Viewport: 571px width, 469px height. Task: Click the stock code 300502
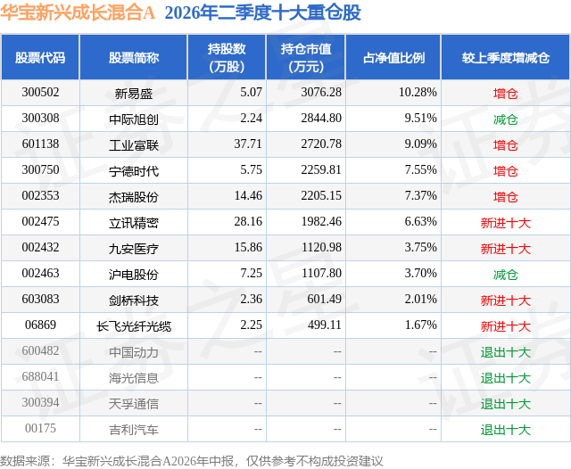40,93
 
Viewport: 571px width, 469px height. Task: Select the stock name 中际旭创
134,119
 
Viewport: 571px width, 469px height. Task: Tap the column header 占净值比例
393,58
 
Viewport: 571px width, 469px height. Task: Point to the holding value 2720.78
321,144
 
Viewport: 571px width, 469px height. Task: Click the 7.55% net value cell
420,170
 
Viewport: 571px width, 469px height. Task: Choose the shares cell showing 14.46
248,196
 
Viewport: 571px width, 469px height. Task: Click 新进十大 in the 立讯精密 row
506,223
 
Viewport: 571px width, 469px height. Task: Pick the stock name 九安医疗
134,249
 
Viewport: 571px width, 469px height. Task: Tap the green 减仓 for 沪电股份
506,275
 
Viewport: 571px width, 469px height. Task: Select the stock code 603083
40,299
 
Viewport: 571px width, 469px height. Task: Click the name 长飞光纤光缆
134,326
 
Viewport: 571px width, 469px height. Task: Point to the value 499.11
325,325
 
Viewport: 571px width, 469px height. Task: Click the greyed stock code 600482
40,350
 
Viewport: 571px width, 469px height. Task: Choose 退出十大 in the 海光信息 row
506,378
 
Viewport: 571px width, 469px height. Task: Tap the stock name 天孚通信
134,404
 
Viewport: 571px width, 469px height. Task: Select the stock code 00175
40,428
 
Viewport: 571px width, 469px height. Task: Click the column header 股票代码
40,58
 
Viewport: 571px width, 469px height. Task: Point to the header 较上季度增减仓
506,58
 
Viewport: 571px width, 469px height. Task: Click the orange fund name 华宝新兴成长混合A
78,12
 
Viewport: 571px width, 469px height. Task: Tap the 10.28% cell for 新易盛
418,93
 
